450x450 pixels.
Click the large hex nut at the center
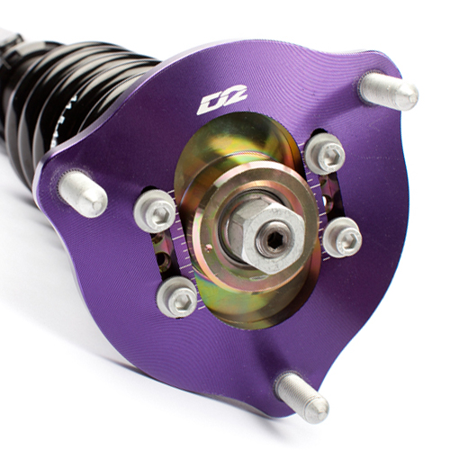pos(265,236)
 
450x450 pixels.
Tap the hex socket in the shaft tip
pos(273,238)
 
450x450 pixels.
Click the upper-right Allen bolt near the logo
pos(325,154)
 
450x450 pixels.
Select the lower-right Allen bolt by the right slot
pos(343,238)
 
